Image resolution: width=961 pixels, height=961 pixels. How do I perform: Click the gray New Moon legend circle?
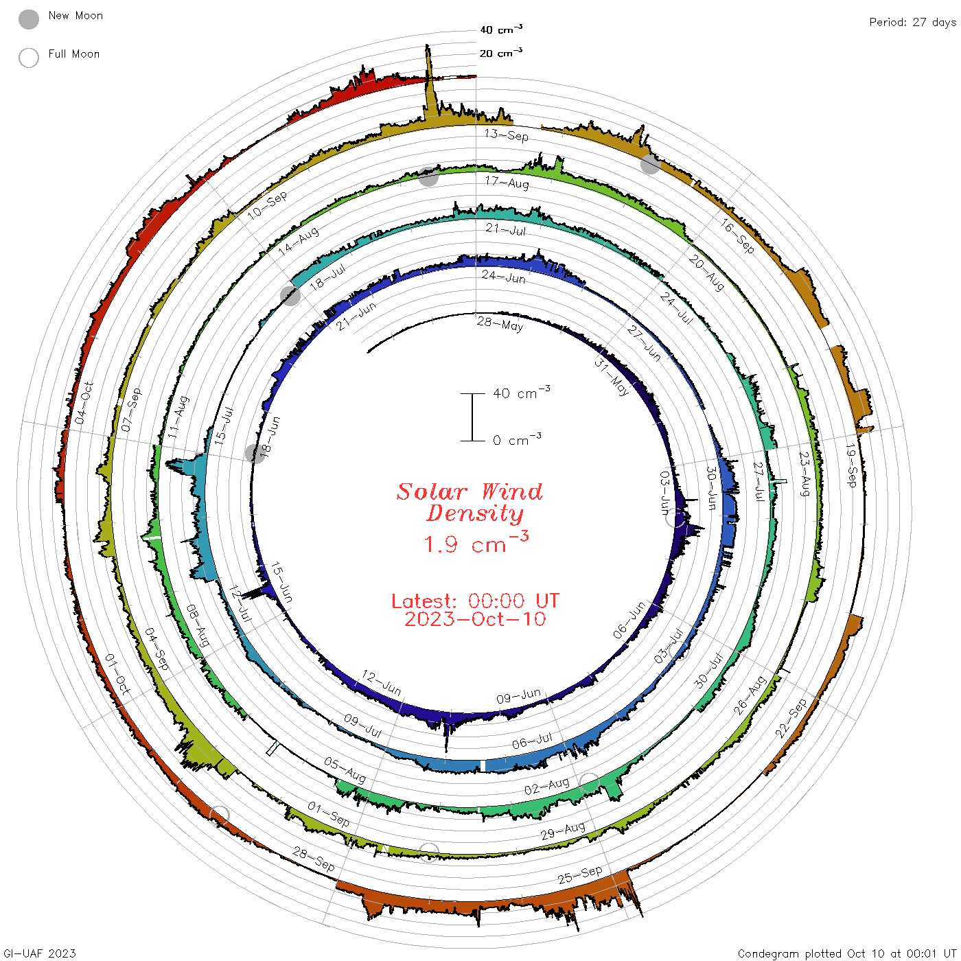click(x=29, y=19)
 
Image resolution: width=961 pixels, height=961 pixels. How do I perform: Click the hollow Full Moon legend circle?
click(x=29, y=58)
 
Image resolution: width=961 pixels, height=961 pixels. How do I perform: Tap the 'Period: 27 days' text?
click(x=912, y=23)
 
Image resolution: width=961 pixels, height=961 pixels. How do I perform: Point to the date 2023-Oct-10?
click(x=475, y=619)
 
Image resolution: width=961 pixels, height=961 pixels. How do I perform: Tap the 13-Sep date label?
click(x=506, y=135)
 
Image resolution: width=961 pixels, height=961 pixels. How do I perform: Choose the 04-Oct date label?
click(x=84, y=403)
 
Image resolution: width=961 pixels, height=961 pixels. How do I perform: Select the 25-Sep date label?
click(x=579, y=875)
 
